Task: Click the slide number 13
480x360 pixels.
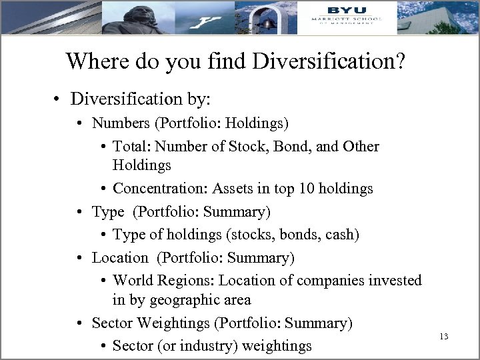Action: click(444, 337)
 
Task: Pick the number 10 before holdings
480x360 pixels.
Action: click(303, 189)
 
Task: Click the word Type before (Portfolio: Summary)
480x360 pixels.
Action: click(108, 211)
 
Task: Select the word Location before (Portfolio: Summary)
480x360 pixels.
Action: click(120, 257)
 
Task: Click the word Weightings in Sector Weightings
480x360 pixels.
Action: click(172, 323)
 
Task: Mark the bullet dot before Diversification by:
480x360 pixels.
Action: click(59, 100)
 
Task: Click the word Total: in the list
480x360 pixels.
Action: click(131, 146)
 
